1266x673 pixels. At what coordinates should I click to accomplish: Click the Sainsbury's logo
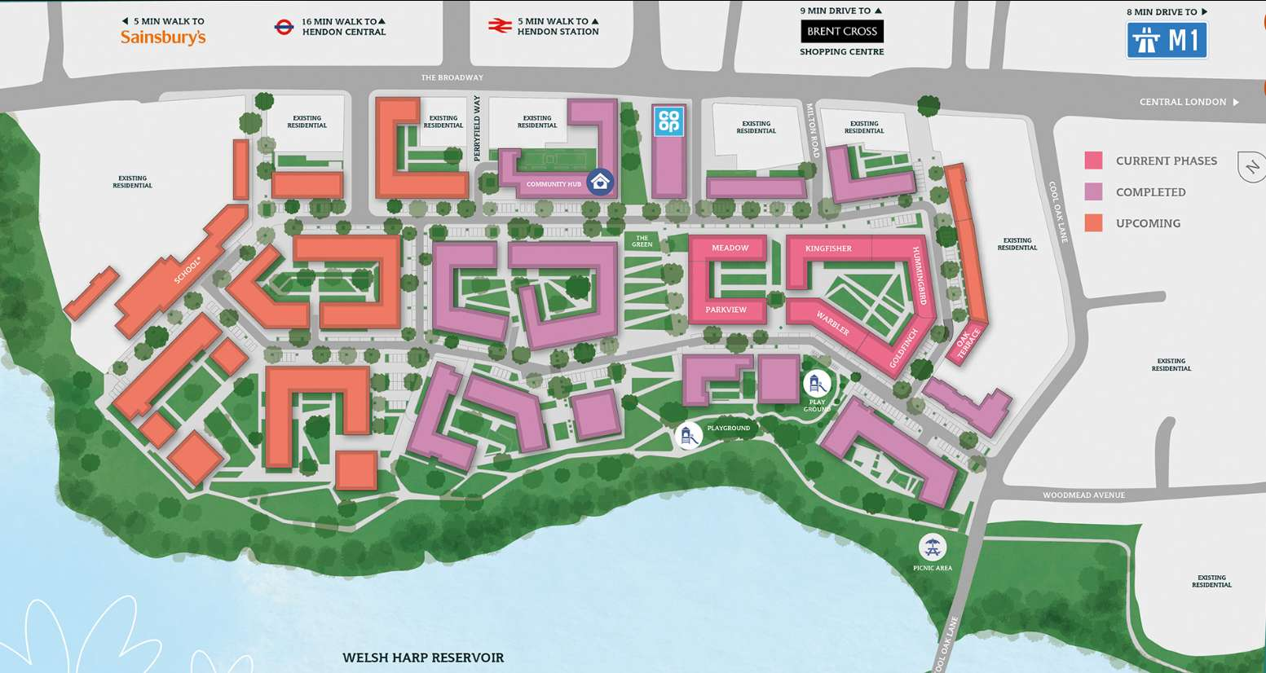pos(163,37)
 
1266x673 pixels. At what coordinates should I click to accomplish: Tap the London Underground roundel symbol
pos(284,27)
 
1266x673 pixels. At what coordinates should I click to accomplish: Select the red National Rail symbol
pos(499,26)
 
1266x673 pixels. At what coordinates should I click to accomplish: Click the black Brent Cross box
pos(842,32)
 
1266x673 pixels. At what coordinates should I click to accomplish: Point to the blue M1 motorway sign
pos(1167,40)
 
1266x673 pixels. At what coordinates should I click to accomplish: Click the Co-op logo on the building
pos(668,121)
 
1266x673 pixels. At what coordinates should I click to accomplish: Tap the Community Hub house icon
pos(601,182)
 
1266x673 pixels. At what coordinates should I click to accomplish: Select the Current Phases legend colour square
pos(1093,161)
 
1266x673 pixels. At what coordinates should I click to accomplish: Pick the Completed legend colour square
pos(1093,191)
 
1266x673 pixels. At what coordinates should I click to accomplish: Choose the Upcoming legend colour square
pos(1093,222)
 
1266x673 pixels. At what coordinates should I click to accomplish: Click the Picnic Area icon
pos(932,548)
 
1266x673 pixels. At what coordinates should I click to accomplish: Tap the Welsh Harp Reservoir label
pos(423,658)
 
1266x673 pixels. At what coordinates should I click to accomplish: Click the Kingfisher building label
pos(828,249)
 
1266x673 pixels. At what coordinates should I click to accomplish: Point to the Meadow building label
pos(730,248)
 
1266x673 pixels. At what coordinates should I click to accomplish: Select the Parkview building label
pos(726,310)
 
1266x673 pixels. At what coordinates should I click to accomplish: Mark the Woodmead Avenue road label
pos(1083,495)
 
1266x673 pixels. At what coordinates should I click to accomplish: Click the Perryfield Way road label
pos(478,128)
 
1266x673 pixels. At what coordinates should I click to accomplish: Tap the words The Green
pos(642,241)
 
